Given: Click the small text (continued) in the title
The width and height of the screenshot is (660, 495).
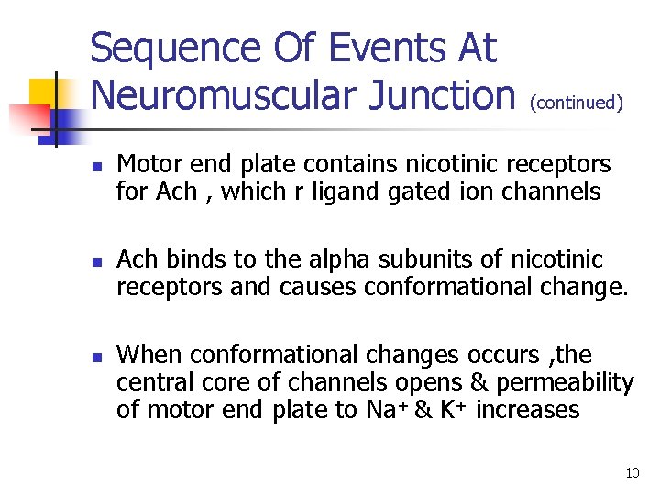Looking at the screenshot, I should (x=577, y=102).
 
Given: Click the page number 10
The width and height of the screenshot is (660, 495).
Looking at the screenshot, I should (x=632, y=473).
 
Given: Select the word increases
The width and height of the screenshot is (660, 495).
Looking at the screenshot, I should (x=528, y=409).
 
